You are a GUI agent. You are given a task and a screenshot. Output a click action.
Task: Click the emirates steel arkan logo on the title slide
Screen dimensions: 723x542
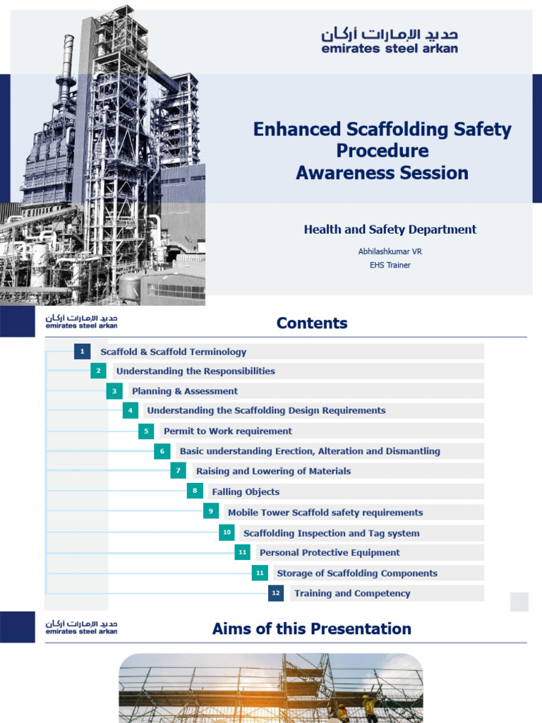coord(390,40)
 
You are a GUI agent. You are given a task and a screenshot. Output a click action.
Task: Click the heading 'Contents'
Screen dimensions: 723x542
coord(312,323)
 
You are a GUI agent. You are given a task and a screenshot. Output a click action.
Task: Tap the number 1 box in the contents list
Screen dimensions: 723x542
coord(82,352)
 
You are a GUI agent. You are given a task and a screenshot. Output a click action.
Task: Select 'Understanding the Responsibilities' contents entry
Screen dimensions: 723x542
coord(195,371)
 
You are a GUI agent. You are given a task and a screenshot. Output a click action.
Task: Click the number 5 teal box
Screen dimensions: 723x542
coord(146,431)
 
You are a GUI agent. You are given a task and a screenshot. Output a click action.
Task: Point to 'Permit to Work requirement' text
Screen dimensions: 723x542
coord(227,431)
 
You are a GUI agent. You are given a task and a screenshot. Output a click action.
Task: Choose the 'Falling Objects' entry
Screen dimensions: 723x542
coord(246,492)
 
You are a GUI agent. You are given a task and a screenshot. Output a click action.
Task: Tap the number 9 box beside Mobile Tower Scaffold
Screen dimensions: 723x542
coord(211,512)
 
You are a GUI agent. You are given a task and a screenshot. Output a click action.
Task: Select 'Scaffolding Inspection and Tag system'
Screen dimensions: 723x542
coord(331,534)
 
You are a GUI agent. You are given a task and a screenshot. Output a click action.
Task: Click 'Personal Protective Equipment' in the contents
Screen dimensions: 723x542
coord(330,553)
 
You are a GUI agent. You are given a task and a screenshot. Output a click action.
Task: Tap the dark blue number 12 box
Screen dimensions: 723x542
coord(276,593)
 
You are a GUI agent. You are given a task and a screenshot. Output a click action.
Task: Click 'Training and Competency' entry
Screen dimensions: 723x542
coord(352,594)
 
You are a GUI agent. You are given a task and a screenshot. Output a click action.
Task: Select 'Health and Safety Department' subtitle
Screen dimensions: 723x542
coord(390,229)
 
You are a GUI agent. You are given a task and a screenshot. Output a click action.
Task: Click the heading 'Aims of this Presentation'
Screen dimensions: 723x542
coord(312,629)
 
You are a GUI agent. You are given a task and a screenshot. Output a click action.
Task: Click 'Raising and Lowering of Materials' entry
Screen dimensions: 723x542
coord(273,472)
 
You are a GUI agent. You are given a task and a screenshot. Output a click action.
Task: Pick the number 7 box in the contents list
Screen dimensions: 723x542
coord(179,471)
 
